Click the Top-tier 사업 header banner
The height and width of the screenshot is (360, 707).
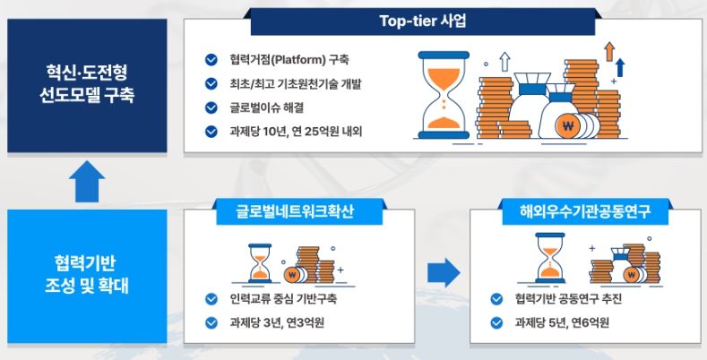coord(422,21)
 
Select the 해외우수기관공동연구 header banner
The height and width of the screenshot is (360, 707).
coord(585,211)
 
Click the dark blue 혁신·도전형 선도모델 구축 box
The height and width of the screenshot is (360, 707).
coord(87,85)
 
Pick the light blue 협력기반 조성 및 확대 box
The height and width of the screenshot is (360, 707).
coord(87,276)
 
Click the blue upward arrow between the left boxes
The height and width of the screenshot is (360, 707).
coord(87,181)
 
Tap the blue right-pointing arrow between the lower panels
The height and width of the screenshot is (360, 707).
coord(444,272)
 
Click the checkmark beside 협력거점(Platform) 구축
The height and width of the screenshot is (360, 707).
coord(211,59)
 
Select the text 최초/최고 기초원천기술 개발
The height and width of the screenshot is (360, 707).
coord(296,84)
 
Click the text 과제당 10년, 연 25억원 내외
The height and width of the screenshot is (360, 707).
coord(296,132)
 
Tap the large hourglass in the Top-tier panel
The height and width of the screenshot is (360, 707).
coord(444,95)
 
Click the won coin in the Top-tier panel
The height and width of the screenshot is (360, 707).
coord(568,125)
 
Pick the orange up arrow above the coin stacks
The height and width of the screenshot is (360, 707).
coord(609,51)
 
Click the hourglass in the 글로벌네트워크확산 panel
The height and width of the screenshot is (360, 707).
coord(260,263)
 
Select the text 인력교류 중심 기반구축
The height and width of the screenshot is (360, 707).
coord(283,299)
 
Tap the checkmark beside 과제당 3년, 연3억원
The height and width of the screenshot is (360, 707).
coord(211,322)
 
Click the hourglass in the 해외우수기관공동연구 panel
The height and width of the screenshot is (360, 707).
coord(550,258)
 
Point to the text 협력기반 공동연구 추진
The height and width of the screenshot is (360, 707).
coord(568,299)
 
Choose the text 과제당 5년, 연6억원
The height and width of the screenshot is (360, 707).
coord(562,322)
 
